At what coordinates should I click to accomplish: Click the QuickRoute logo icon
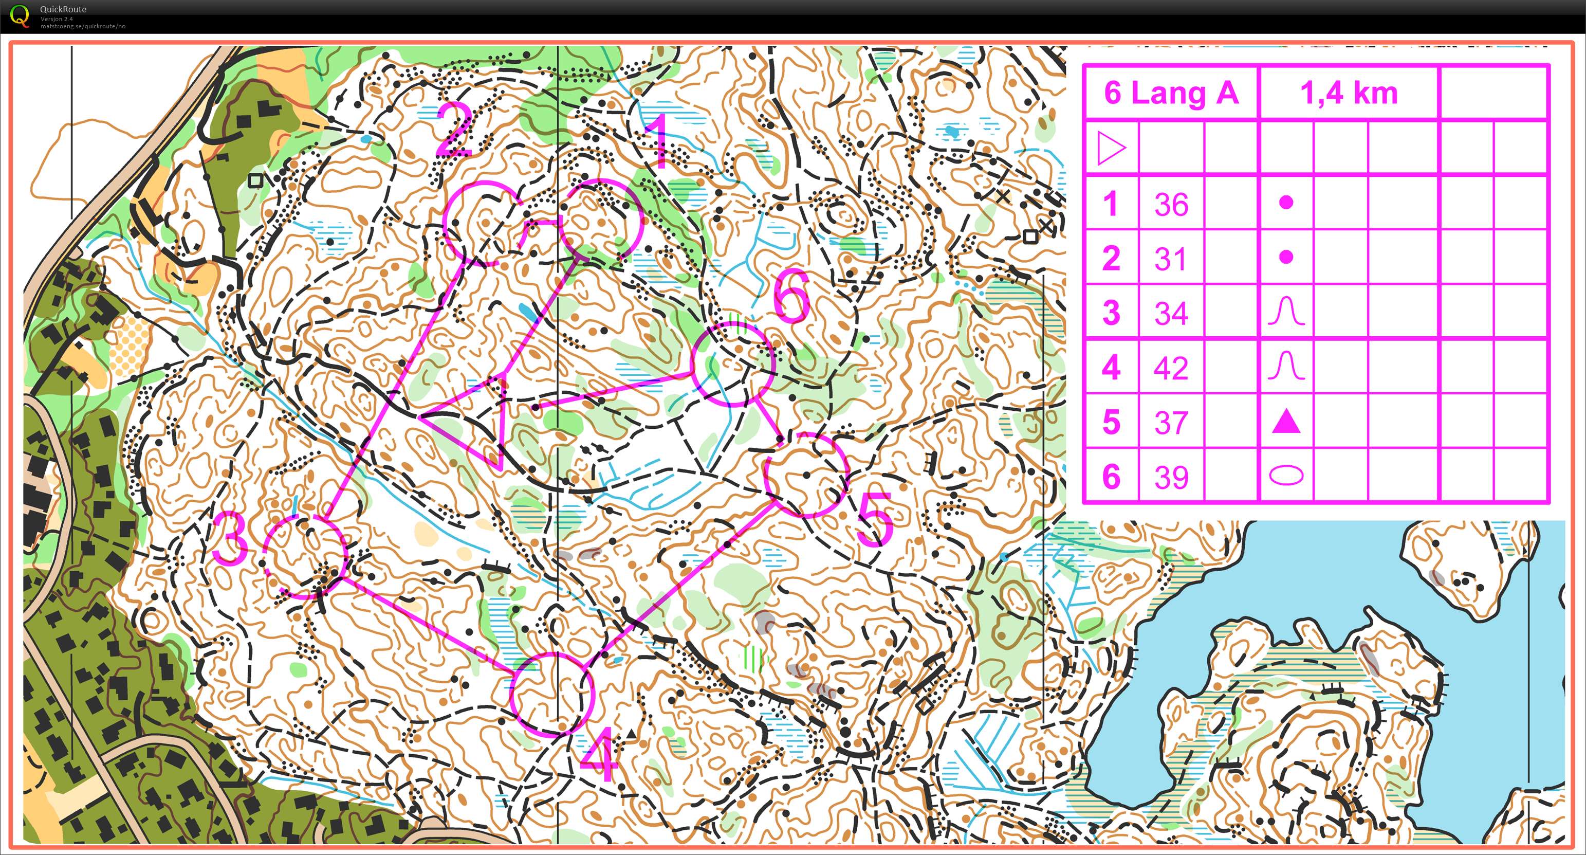point(20,15)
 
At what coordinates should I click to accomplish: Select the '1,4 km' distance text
point(1349,93)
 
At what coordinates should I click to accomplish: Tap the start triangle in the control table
point(1111,149)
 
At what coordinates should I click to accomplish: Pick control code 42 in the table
point(1171,368)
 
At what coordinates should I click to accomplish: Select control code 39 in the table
point(1171,476)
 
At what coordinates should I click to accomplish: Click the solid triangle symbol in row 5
point(1286,422)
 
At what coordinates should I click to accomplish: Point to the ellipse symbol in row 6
point(1286,476)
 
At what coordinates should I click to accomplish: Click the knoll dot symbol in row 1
point(1286,202)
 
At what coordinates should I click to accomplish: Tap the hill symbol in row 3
point(1286,312)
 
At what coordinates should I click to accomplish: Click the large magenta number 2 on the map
point(454,130)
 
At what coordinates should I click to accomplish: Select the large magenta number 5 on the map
point(874,519)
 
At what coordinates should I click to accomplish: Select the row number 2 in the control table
point(1111,258)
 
